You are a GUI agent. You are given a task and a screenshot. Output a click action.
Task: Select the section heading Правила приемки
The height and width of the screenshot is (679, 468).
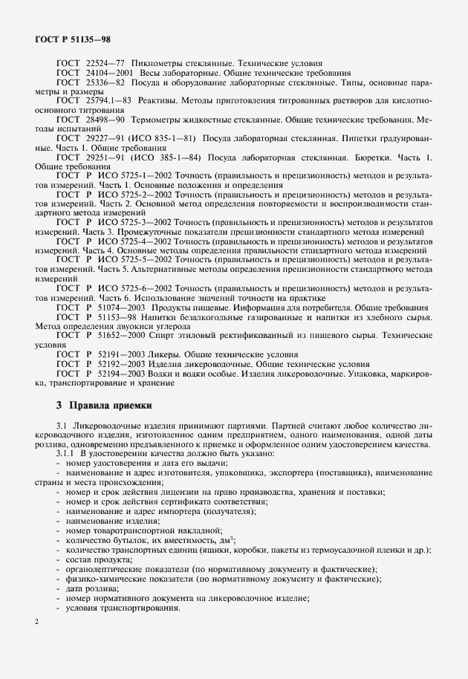110,406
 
